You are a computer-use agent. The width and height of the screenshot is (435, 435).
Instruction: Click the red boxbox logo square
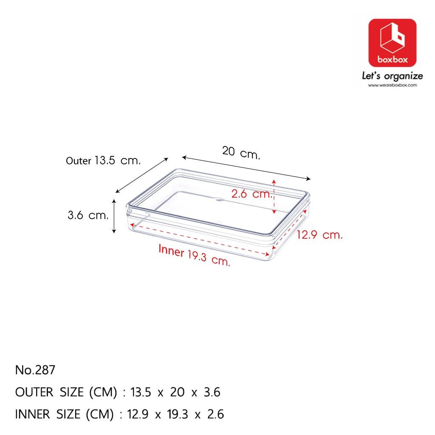[392, 43]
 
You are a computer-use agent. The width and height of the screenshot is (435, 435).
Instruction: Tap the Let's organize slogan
[392, 76]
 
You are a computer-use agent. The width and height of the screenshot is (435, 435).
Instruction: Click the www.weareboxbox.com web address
[392, 85]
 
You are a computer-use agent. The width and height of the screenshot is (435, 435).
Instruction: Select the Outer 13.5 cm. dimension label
[103, 160]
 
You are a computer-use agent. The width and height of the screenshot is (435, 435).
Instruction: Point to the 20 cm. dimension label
[241, 153]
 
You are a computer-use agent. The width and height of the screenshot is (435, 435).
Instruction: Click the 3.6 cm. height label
[88, 215]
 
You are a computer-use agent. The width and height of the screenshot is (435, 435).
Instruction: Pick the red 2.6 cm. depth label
[251, 194]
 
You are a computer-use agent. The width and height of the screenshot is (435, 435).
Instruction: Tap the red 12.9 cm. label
[319, 234]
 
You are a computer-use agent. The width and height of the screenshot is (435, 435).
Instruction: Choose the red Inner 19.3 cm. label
[194, 255]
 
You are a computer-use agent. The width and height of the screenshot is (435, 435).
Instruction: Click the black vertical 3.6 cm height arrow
[114, 216]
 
